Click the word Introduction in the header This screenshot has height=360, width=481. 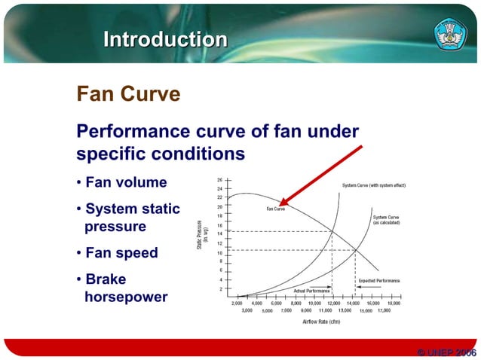click(165, 39)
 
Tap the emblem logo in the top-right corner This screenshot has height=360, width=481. click(451, 35)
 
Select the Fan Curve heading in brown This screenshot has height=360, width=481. click(128, 94)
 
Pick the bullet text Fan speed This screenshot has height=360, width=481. click(121, 252)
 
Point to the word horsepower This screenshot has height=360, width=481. click(126, 297)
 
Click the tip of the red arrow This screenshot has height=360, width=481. click(280, 205)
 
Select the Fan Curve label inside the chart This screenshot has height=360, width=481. click(275, 209)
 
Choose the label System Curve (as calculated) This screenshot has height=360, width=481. click(386, 220)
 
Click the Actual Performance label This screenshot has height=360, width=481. click(311, 290)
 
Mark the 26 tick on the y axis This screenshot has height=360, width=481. click(219, 180)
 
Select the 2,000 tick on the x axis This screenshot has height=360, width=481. click(236, 303)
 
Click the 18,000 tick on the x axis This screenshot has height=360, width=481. click(394, 303)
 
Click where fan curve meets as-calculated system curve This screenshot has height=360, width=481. click(356, 250)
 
